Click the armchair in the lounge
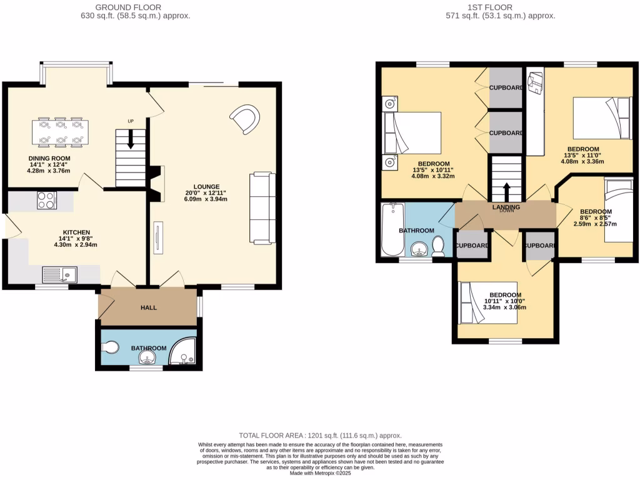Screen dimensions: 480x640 click(x=245, y=119)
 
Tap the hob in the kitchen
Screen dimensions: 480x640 click(x=46, y=200)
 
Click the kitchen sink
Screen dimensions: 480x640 click(x=59, y=274)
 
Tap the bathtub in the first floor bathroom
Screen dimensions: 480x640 click(x=392, y=229)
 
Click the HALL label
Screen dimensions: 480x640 click(x=149, y=307)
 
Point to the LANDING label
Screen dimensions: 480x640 click(x=506, y=207)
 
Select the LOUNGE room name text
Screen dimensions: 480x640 click(x=206, y=186)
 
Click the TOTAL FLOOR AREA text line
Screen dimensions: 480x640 click(x=321, y=436)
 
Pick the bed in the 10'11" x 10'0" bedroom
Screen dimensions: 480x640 click(x=487, y=302)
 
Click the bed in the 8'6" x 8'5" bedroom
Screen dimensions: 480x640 click(x=619, y=209)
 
